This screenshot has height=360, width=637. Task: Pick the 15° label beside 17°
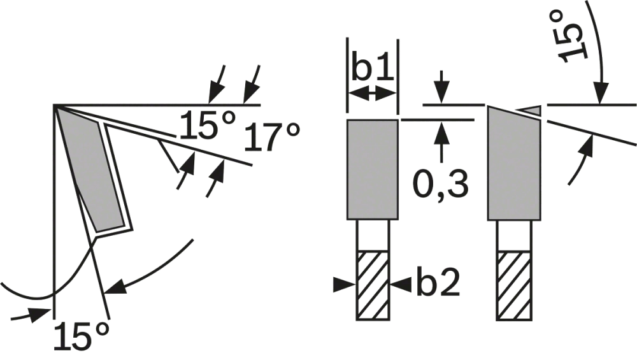coord(208,126)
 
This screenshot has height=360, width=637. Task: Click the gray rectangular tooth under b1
coord(373,169)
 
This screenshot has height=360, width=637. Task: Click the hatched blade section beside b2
coord(373,285)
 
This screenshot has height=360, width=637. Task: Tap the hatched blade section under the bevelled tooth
coord(514,285)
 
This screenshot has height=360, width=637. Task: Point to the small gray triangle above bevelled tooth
coord(531,110)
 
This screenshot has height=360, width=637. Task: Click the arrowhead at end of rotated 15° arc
coord(601,92)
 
